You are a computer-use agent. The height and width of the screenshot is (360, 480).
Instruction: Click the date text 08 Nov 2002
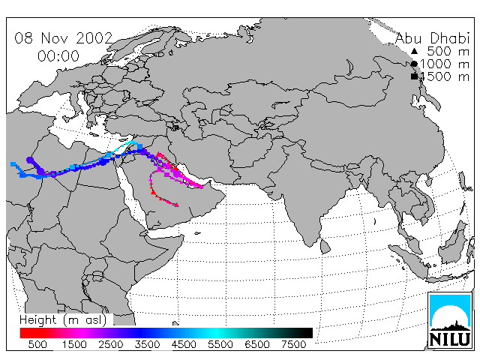(x=64, y=38)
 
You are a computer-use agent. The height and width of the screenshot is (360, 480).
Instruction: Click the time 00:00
(x=58, y=56)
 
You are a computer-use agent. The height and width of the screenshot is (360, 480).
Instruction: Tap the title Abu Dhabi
(x=432, y=38)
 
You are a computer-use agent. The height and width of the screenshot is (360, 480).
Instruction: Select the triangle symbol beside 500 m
(x=414, y=51)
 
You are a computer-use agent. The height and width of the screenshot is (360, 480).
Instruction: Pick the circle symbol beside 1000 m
(x=414, y=64)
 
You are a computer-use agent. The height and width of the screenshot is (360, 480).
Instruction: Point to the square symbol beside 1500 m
(x=414, y=76)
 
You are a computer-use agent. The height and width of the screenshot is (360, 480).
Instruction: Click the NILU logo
(x=450, y=320)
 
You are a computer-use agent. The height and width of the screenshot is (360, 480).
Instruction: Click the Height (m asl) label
(x=63, y=320)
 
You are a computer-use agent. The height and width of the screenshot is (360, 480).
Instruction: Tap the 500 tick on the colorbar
(x=37, y=344)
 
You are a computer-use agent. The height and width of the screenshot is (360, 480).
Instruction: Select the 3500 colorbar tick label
(x=147, y=344)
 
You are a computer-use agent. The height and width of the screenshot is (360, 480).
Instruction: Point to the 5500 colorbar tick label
(x=220, y=344)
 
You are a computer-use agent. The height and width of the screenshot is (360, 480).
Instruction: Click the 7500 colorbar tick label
(x=293, y=344)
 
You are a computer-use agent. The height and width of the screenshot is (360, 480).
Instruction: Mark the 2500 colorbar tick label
(x=110, y=344)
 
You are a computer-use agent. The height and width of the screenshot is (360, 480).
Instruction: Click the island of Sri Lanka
(x=325, y=247)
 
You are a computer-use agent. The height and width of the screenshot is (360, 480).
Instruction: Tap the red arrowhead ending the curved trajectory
(x=177, y=205)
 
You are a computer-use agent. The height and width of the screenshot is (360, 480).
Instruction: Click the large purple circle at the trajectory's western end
(x=30, y=160)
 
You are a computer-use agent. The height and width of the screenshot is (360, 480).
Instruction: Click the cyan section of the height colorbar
(x=216, y=333)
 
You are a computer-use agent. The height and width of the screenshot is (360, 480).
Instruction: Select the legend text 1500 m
(x=445, y=76)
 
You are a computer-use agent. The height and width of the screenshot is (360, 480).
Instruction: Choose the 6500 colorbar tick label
(x=257, y=344)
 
